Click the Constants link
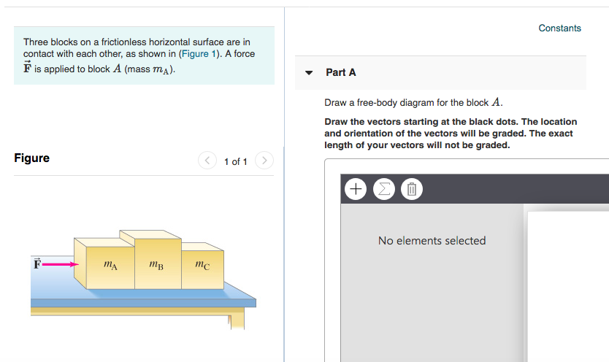coord(559,28)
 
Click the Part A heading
coord(341,72)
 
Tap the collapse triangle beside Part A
coord(309,73)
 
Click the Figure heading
coord(32,158)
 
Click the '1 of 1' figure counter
coord(235,161)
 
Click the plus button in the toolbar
coord(356,190)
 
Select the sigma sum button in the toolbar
coord(383,190)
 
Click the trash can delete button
coord(411,190)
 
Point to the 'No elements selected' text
coord(432,241)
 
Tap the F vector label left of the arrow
coord(36,263)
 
